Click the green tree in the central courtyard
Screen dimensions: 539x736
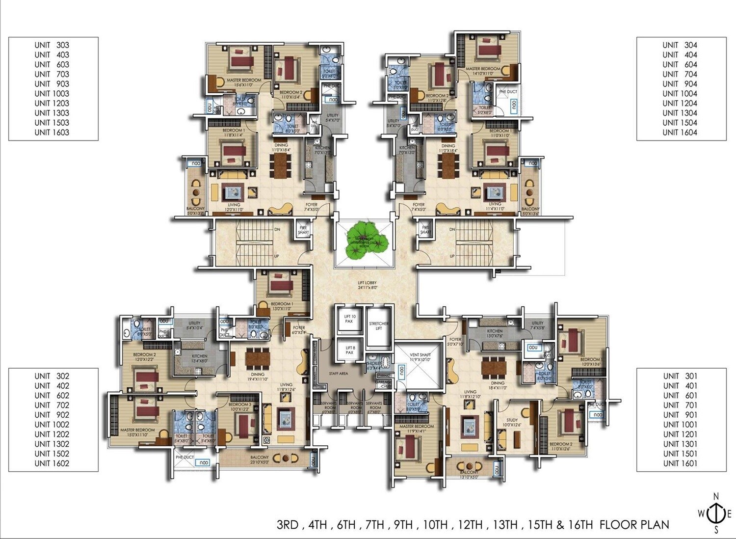pos(364,241)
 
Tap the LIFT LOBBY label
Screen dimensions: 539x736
pos(367,285)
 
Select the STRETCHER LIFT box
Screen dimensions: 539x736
pos(379,326)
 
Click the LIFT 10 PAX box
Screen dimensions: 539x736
pos(349,320)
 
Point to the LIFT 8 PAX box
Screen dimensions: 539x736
pos(349,350)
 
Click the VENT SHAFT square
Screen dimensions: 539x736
pos(420,363)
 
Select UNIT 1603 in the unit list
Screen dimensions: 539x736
pos(52,133)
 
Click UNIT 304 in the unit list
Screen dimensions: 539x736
pos(680,45)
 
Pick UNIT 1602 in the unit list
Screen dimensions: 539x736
pos(52,463)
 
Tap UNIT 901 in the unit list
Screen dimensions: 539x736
pos(680,415)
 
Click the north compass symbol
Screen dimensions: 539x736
pos(716,513)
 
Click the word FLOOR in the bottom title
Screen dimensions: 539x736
pos(617,525)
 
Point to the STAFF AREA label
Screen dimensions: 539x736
pos(339,374)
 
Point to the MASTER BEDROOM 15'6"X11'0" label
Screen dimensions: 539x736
pos(244,82)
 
